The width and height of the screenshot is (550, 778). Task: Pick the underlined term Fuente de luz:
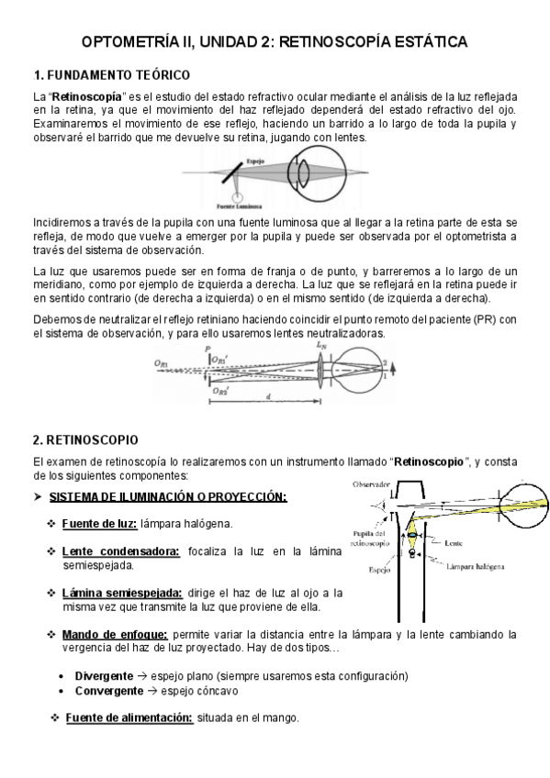click(x=99, y=523)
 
